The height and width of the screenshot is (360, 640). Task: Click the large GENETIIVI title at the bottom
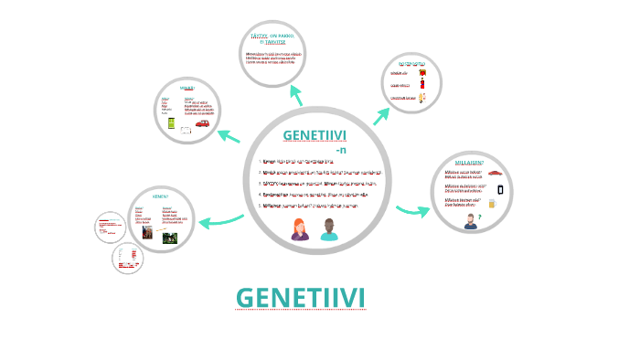[300, 298]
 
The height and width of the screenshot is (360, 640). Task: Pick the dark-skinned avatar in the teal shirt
[329, 229]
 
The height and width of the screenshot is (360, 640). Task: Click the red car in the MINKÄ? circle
[202, 123]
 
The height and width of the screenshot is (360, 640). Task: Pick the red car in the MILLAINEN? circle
[495, 172]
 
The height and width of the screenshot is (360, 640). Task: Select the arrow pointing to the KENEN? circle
[222, 219]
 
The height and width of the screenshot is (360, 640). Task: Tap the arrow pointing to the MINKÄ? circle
[229, 136]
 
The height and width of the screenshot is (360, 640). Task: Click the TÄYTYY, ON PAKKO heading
[272, 37]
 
